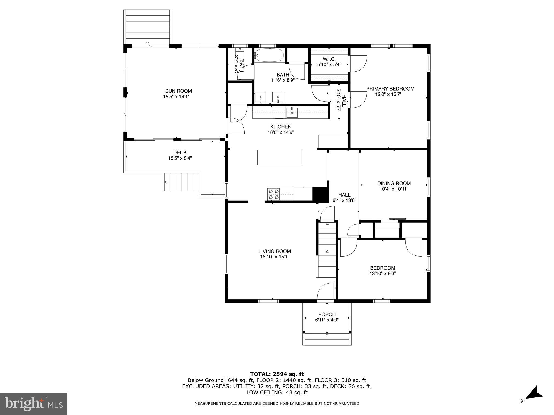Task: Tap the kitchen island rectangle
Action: coord(279,157)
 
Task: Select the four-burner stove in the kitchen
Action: coord(273,194)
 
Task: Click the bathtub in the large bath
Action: coord(269,55)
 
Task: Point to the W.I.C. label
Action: coord(329,59)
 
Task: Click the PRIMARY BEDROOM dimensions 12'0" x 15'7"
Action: coord(388,94)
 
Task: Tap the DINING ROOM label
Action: coord(394,183)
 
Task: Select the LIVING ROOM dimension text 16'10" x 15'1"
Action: coord(275,257)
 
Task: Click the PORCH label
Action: coord(327,314)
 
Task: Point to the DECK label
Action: coord(180,152)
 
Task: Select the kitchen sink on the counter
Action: coord(292,112)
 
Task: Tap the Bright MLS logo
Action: coord(34,404)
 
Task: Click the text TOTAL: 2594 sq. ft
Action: coord(277,374)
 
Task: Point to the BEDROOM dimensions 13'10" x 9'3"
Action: coord(382,273)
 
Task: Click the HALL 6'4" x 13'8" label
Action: coord(344,197)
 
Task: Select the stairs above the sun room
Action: coord(148,27)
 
